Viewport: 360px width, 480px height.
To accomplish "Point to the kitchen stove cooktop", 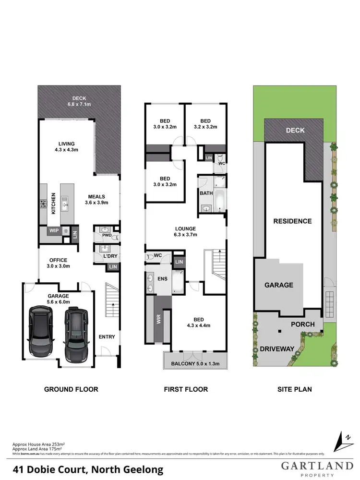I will [42, 204].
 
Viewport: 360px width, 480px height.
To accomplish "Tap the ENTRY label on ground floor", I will [107, 337].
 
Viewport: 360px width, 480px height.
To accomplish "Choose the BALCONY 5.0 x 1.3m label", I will [195, 364].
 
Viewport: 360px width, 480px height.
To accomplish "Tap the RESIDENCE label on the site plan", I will [292, 221].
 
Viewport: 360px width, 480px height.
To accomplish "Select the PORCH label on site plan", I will [303, 324].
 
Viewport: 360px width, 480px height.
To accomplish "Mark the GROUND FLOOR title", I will [71, 389].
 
